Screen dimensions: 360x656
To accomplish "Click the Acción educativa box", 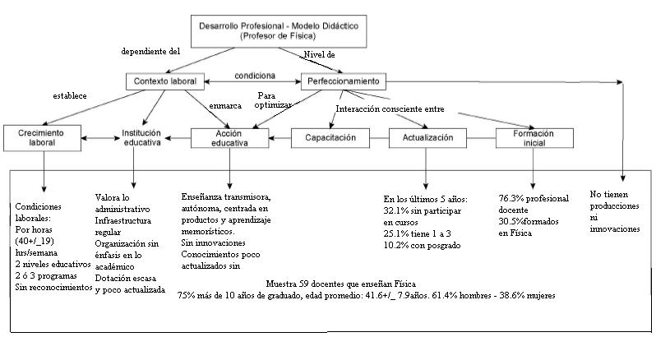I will pyautogui.click(x=230, y=137).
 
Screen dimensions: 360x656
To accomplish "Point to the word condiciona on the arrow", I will pyautogui.click(x=254, y=76).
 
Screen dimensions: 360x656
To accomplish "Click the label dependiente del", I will pyautogui.click(x=150, y=50).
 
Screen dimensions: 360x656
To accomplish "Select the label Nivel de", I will pyautogui.click(x=319, y=54).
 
